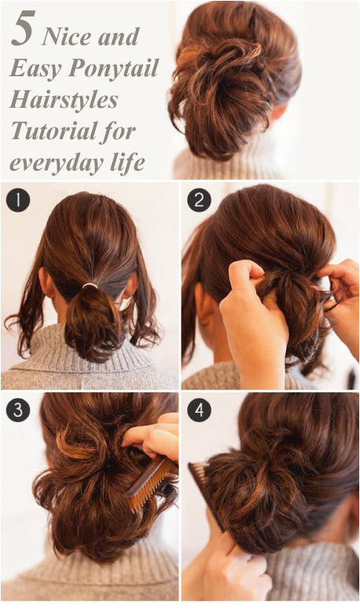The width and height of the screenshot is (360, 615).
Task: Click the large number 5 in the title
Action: pos(24,28)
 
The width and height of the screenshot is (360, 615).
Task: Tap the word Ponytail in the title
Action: pos(114,69)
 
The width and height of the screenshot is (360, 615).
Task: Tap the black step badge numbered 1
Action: pos(18,200)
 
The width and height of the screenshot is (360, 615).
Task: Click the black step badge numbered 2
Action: pos(199,200)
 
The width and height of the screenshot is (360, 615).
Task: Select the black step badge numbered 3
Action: pos(18,410)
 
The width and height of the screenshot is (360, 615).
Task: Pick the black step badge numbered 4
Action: pos(199,410)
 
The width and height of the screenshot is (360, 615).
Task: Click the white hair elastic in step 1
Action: pos(90,286)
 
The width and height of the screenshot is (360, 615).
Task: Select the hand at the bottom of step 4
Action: pos(231,569)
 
